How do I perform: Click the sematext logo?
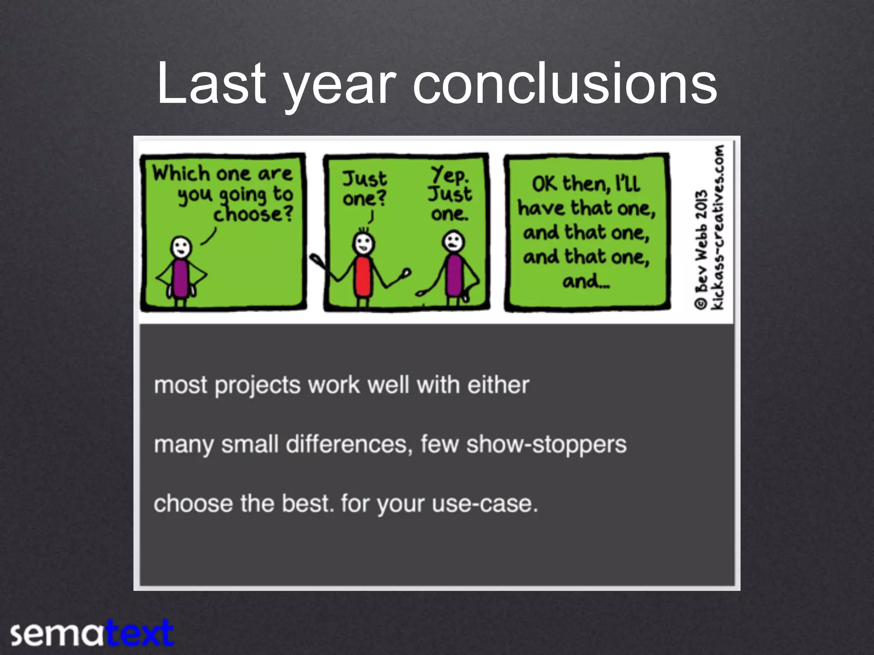pyautogui.click(x=92, y=634)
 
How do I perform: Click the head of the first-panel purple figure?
pyautogui.click(x=181, y=247)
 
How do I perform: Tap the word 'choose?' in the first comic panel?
pyautogui.click(x=253, y=214)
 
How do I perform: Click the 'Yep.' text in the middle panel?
pyautogui.click(x=450, y=174)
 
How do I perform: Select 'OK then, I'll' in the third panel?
pyautogui.click(x=586, y=184)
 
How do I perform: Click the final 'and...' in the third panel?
pyautogui.click(x=586, y=281)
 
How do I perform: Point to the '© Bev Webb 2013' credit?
pyautogui.click(x=701, y=249)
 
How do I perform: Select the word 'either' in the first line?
pyautogui.click(x=498, y=385)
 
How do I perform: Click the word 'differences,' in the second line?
pyautogui.click(x=349, y=444)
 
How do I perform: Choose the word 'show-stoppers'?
pyautogui.click(x=546, y=444)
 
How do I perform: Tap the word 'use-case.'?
pyautogui.click(x=485, y=504)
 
